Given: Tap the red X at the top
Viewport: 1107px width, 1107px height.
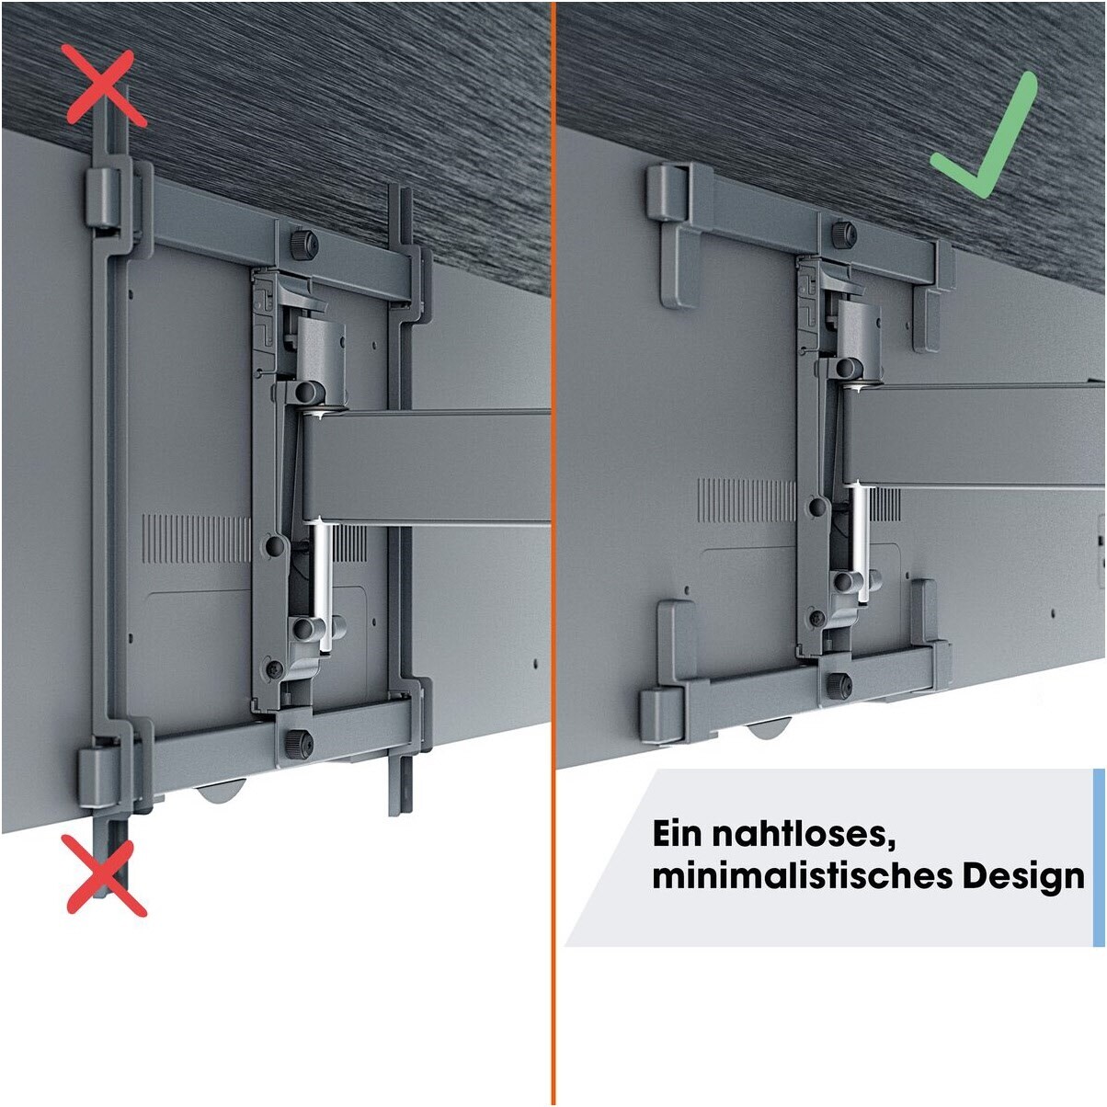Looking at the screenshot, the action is click(107, 87).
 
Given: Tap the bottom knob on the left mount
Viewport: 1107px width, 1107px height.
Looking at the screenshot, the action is click(300, 745).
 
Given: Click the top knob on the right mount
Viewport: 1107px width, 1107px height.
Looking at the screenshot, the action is click(844, 234).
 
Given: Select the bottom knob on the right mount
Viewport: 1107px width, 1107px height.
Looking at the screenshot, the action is click(839, 685).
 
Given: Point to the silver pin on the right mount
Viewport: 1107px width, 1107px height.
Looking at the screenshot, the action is click(860, 542).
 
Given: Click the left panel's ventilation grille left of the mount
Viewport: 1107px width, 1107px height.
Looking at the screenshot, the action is click(196, 539).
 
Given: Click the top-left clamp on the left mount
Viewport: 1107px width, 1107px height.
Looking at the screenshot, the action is click(107, 199).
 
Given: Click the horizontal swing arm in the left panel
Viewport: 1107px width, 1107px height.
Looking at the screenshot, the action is click(426, 466).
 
